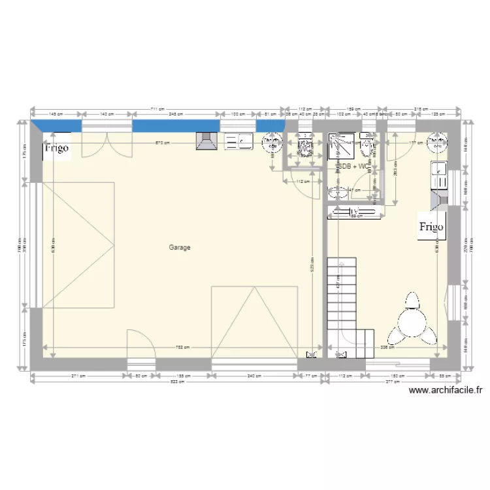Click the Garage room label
[179, 248]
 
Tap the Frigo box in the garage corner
[56, 148]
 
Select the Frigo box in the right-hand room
[431, 227]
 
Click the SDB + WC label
[352, 167]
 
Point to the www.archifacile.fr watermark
[445, 391]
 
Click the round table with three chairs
[412, 325]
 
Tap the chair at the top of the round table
[412, 301]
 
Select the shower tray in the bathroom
[342, 146]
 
